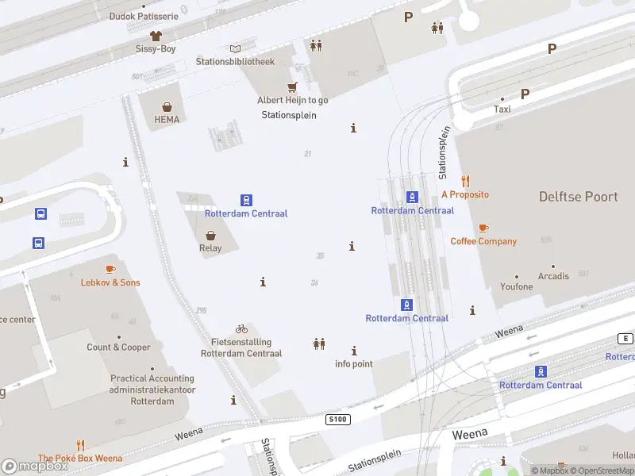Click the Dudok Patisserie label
coord(144,16)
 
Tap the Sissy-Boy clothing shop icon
coord(155,36)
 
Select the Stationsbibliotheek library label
coord(235,61)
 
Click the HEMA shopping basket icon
coord(167,107)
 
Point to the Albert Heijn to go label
coord(292,100)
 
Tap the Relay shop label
coord(210,248)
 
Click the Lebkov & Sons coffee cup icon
coord(110,270)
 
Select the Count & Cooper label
coord(118,347)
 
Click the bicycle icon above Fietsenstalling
coord(241,328)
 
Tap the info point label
coord(353,364)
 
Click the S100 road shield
coord(337,419)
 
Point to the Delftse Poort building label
coord(578,197)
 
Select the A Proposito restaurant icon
coord(465,181)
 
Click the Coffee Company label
coord(483,241)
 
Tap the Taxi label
coord(502,109)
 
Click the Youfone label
coord(517,286)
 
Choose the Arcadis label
coord(553,276)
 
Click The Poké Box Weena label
coord(80,458)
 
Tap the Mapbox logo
coord(35,466)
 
